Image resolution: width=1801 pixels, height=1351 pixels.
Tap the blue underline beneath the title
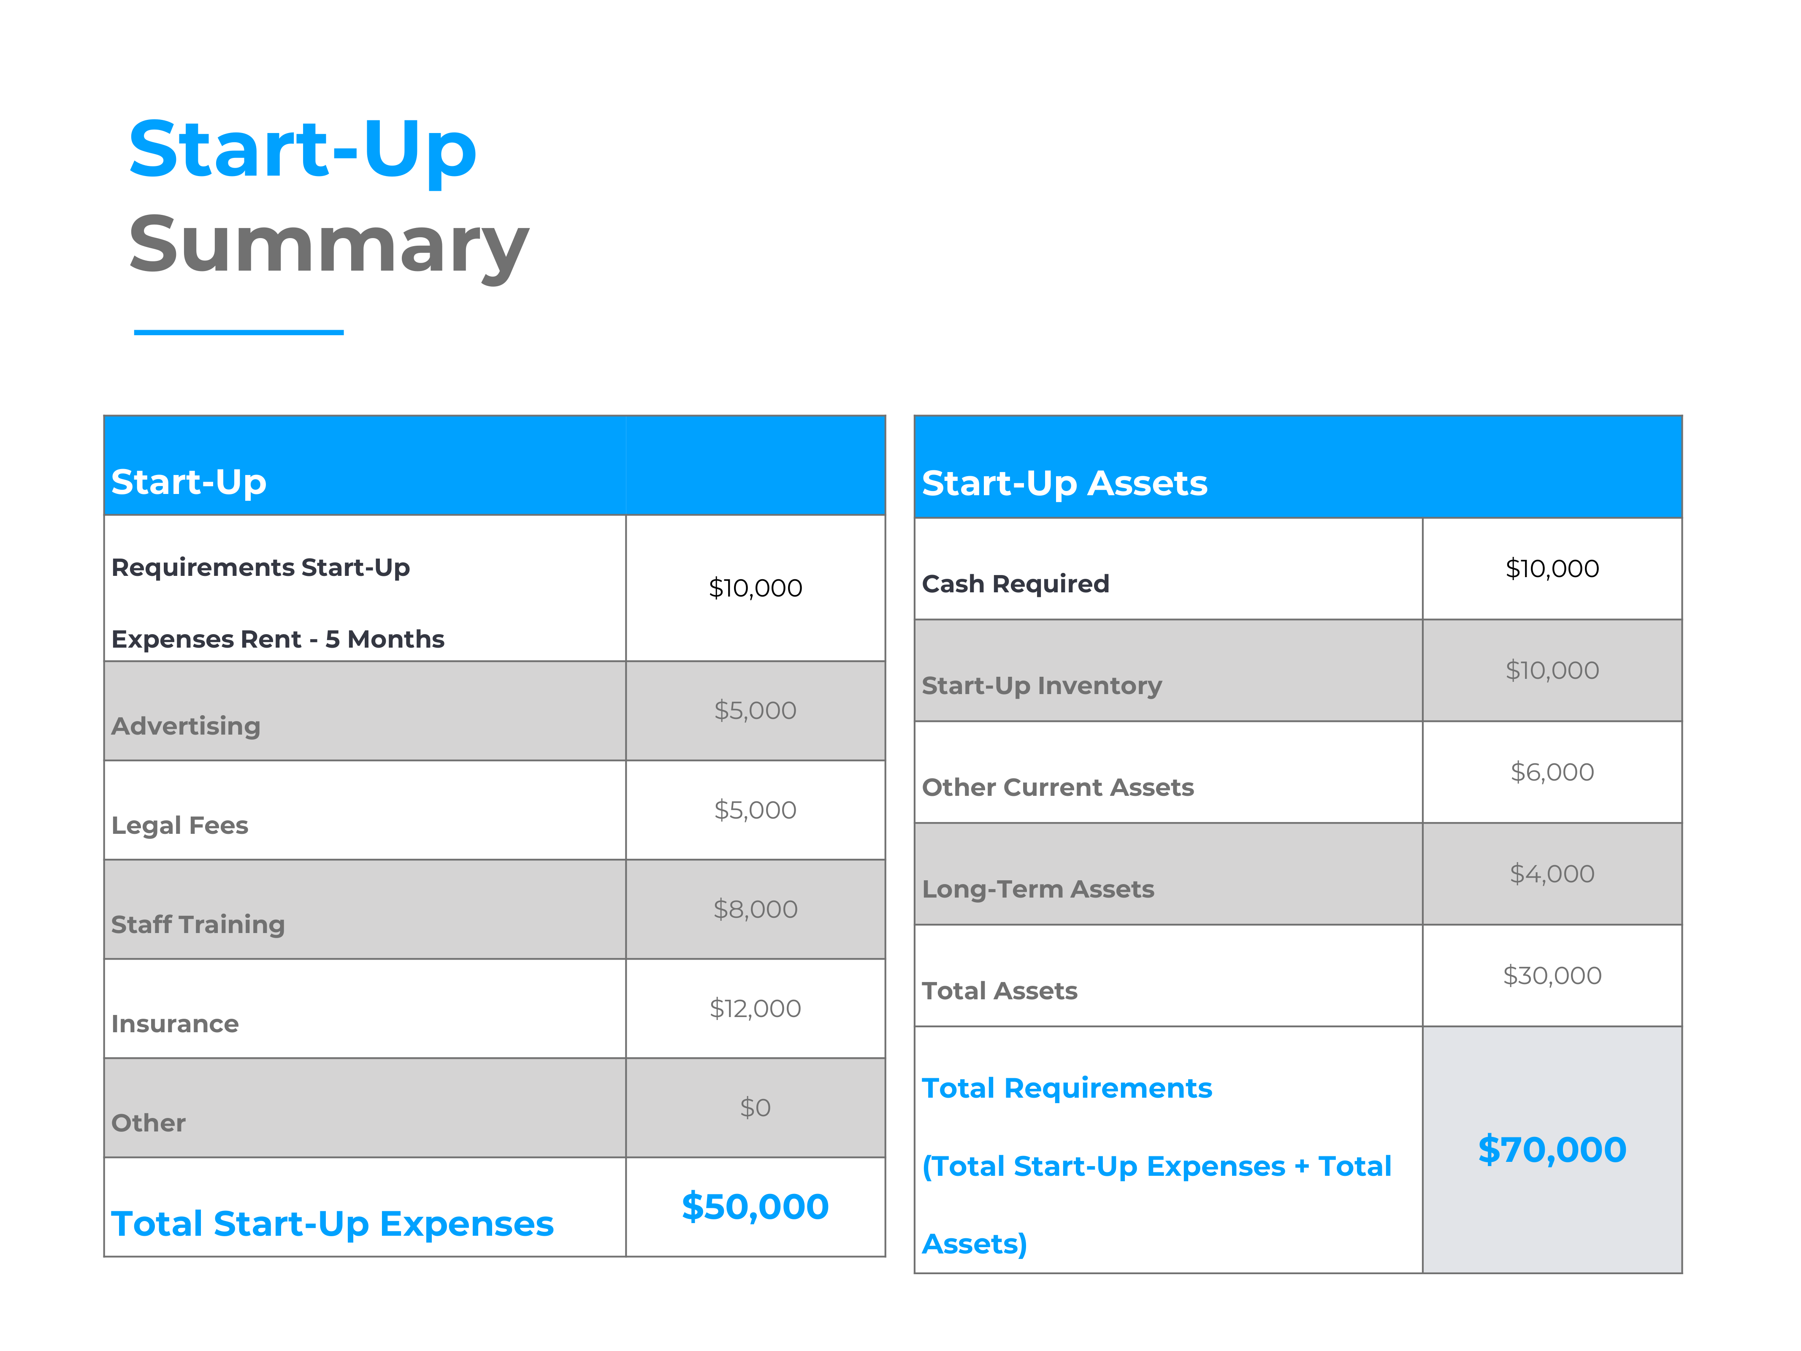(x=238, y=332)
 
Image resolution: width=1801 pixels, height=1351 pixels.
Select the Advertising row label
(x=186, y=726)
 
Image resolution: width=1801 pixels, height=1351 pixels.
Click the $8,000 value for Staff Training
(x=755, y=909)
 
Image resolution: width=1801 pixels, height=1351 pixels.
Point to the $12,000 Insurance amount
(x=755, y=1008)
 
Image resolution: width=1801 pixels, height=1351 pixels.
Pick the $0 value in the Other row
(x=755, y=1107)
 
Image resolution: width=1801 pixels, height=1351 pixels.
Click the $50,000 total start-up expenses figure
(x=755, y=1206)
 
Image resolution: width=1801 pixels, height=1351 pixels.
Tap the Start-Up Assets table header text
(x=1064, y=483)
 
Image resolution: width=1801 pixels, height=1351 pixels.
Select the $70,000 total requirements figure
(x=1552, y=1149)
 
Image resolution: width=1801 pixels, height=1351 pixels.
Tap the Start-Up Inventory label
(x=1041, y=686)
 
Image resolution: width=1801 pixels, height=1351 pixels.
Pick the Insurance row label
(x=175, y=1024)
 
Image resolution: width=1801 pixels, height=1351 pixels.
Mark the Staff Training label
(x=198, y=924)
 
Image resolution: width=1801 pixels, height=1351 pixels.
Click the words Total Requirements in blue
(x=1067, y=1088)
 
